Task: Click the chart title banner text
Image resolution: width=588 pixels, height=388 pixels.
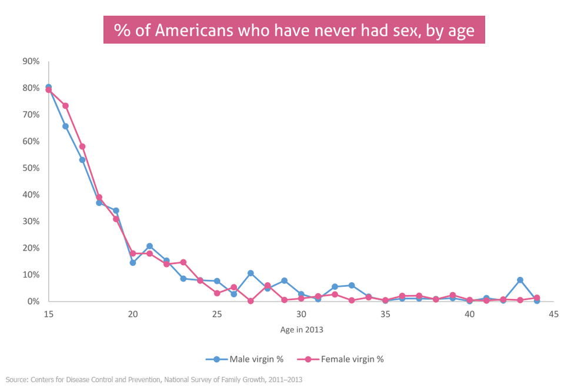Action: coord(294,30)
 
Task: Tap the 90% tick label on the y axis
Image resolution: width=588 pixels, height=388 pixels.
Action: coord(31,61)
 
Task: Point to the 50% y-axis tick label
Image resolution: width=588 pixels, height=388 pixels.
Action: coord(31,168)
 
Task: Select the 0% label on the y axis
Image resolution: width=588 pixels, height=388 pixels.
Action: coord(33,302)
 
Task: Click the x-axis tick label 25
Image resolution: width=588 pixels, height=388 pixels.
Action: coord(217,314)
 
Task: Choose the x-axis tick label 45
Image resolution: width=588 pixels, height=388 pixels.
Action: coord(553,314)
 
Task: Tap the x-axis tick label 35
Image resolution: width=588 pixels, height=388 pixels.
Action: coord(385,314)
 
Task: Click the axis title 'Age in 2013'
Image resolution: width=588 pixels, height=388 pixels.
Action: coord(302,330)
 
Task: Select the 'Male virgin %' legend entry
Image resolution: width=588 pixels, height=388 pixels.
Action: coord(245,359)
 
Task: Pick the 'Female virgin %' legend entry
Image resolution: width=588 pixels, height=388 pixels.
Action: coord(340,359)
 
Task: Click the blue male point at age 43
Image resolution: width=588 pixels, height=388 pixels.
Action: coord(520,280)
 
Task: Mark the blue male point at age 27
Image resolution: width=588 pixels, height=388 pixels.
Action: coord(250,273)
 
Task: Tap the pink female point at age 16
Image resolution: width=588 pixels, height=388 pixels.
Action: coord(65,106)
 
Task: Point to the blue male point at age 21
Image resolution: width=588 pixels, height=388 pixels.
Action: coord(149,246)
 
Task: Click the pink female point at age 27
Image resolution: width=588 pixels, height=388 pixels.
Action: coord(250,300)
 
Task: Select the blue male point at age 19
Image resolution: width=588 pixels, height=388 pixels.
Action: coord(116,210)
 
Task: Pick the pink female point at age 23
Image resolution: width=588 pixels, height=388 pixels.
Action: coord(183,262)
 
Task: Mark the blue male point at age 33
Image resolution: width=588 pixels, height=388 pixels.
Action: coord(352,285)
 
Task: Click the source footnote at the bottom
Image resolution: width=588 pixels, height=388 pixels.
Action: coord(153,379)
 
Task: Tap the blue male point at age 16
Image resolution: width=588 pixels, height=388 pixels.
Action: coord(65,126)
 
